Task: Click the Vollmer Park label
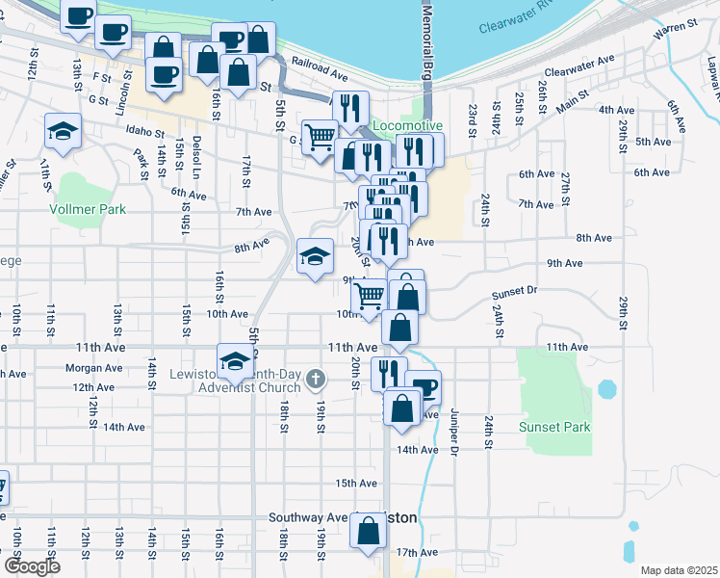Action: click(90, 208)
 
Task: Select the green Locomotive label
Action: click(407, 126)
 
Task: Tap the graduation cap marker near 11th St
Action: click(63, 131)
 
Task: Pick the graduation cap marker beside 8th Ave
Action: click(314, 256)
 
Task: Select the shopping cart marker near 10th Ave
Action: click(369, 298)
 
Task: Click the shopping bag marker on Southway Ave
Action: click(369, 531)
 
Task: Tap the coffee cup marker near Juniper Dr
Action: click(424, 387)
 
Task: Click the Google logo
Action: click(31, 566)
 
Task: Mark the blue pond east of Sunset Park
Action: click(606, 389)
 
